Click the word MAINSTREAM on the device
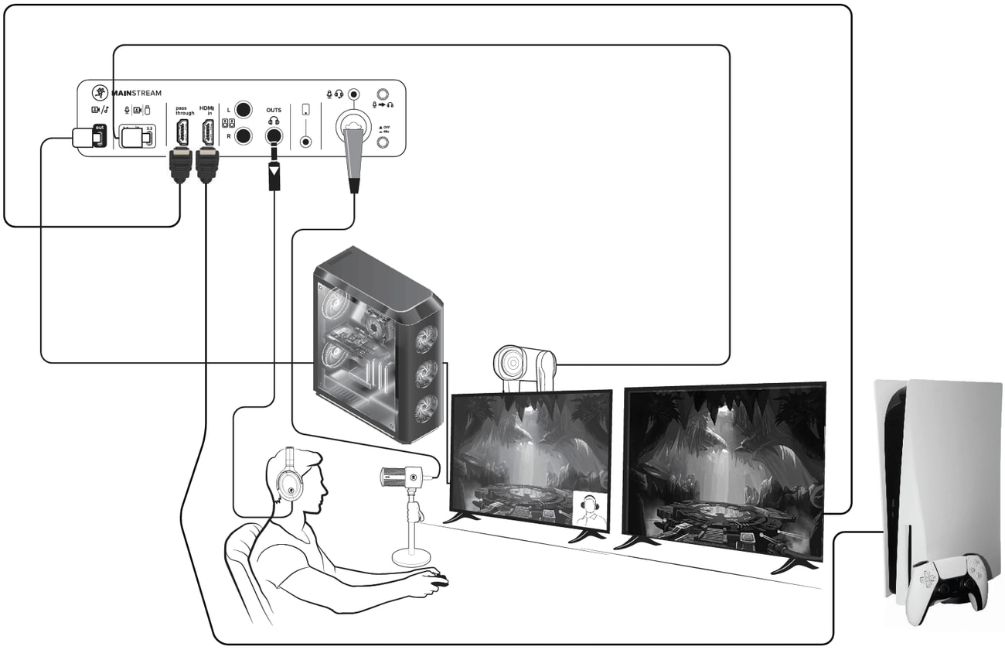[x=137, y=94]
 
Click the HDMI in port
[x=206, y=133]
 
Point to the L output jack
[x=244, y=109]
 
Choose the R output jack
[x=244, y=136]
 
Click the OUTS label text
[x=273, y=110]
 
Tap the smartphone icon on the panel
[x=306, y=110]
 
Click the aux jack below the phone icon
[x=306, y=142]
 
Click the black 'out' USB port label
[x=99, y=128]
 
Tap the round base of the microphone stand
[x=413, y=556]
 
